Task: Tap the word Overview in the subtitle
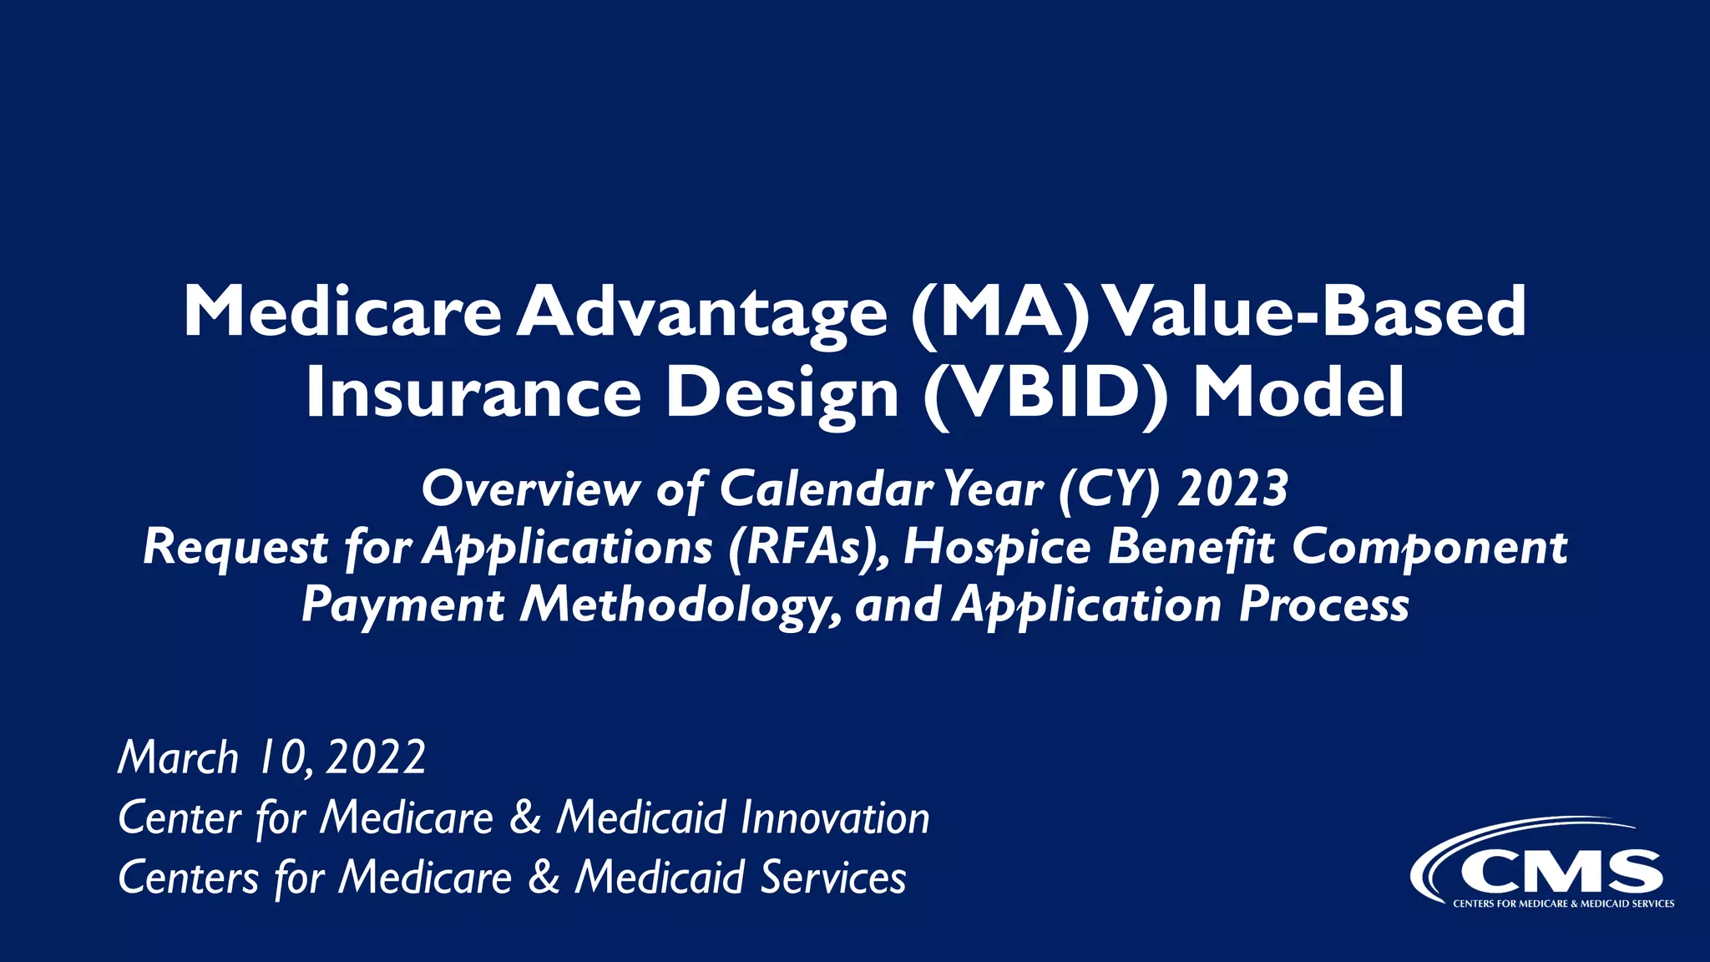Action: (x=531, y=489)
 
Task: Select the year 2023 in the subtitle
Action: (x=1233, y=489)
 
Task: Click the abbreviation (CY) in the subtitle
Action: (x=1110, y=489)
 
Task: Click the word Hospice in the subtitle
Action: (x=997, y=547)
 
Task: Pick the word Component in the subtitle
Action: (x=1429, y=547)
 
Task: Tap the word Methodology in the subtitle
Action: (x=680, y=605)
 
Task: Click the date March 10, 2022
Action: (x=272, y=757)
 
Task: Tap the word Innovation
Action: (x=835, y=818)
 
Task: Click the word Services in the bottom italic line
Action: (x=832, y=878)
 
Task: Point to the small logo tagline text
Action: (x=1563, y=904)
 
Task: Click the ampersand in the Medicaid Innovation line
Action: (x=525, y=818)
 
